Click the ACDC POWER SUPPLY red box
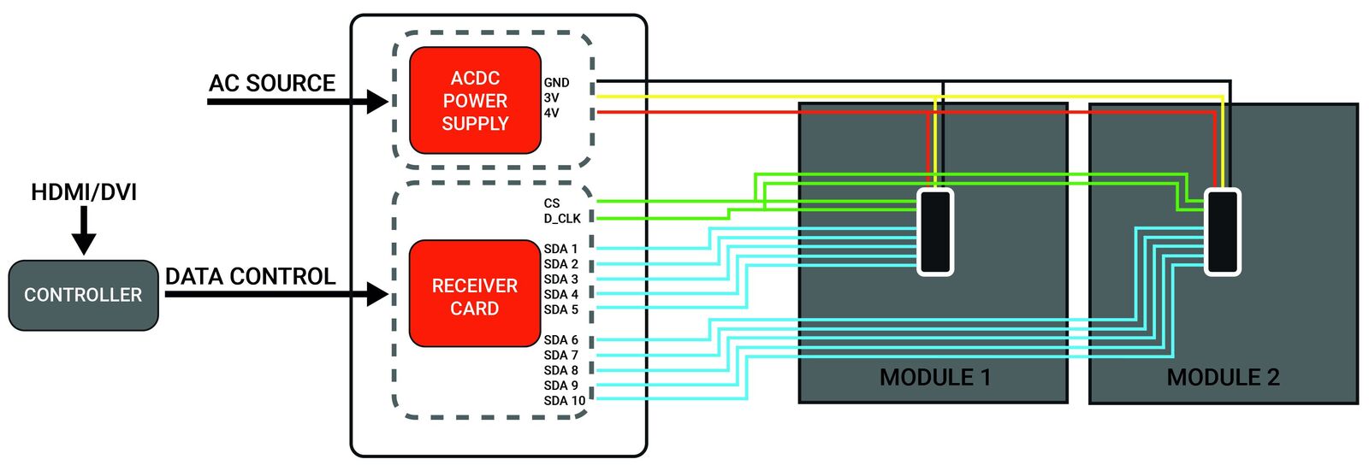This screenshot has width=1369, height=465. [x=475, y=101]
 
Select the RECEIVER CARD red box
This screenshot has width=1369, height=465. [x=475, y=295]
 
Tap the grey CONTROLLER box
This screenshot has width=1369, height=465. [x=83, y=295]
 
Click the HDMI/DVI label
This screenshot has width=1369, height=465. [x=84, y=192]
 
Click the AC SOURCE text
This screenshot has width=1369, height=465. [x=272, y=84]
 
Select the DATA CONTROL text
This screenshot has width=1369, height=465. [x=250, y=277]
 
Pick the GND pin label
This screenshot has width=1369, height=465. [x=556, y=83]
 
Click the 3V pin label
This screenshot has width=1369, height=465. [x=551, y=98]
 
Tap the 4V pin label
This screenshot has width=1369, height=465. [x=551, y=113]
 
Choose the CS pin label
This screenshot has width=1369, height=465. [x=552, y=203]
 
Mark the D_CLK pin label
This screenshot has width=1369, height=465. [x=562, y=219]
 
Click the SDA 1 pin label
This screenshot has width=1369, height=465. [x=560, y=249]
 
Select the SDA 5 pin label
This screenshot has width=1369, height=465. [x=560, y=309]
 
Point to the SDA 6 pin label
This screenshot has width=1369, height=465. [x=560, y=340]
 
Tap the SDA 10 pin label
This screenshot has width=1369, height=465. [x=565, y=401]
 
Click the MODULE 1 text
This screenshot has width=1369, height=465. [x=935, y=378]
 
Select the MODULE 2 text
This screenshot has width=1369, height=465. [x=1223, y=378]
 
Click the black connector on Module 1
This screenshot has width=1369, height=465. [x=935, y=232]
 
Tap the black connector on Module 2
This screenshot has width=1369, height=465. [x=1223, y=232]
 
